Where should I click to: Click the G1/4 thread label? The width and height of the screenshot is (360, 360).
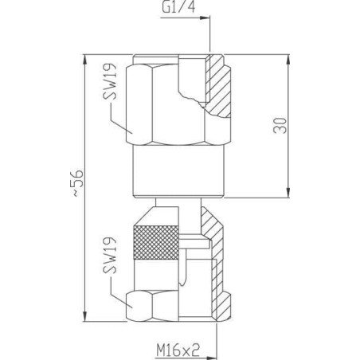pos(178,7)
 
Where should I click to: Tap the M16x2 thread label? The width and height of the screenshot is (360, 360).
pos(178,350)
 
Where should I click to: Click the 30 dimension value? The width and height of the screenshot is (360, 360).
pos(280,125)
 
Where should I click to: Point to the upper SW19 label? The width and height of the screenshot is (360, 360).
pos(109,81)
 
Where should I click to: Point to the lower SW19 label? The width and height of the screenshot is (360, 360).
pos(109,255)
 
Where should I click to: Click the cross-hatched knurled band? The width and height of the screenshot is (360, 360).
pos(155,242)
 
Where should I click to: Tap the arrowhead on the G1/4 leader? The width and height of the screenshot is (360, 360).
pos(205,18)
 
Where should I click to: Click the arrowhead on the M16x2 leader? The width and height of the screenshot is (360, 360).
pos(212,358)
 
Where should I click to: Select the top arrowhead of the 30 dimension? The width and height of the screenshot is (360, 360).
pos(288,60)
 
